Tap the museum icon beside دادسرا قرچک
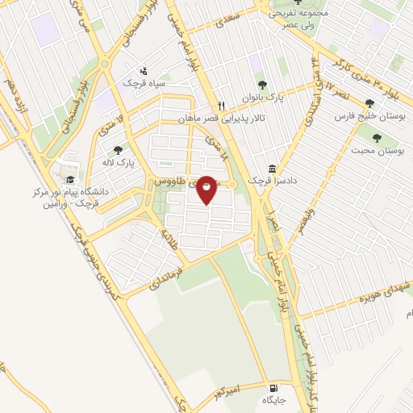coord(272,169)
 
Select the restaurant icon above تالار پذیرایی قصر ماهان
coord(221,105)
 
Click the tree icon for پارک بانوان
coord(261,83)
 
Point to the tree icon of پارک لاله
coord(119,149)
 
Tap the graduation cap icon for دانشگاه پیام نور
coord(70,179)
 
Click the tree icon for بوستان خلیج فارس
coord(369,103)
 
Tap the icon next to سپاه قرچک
coord(144,71)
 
